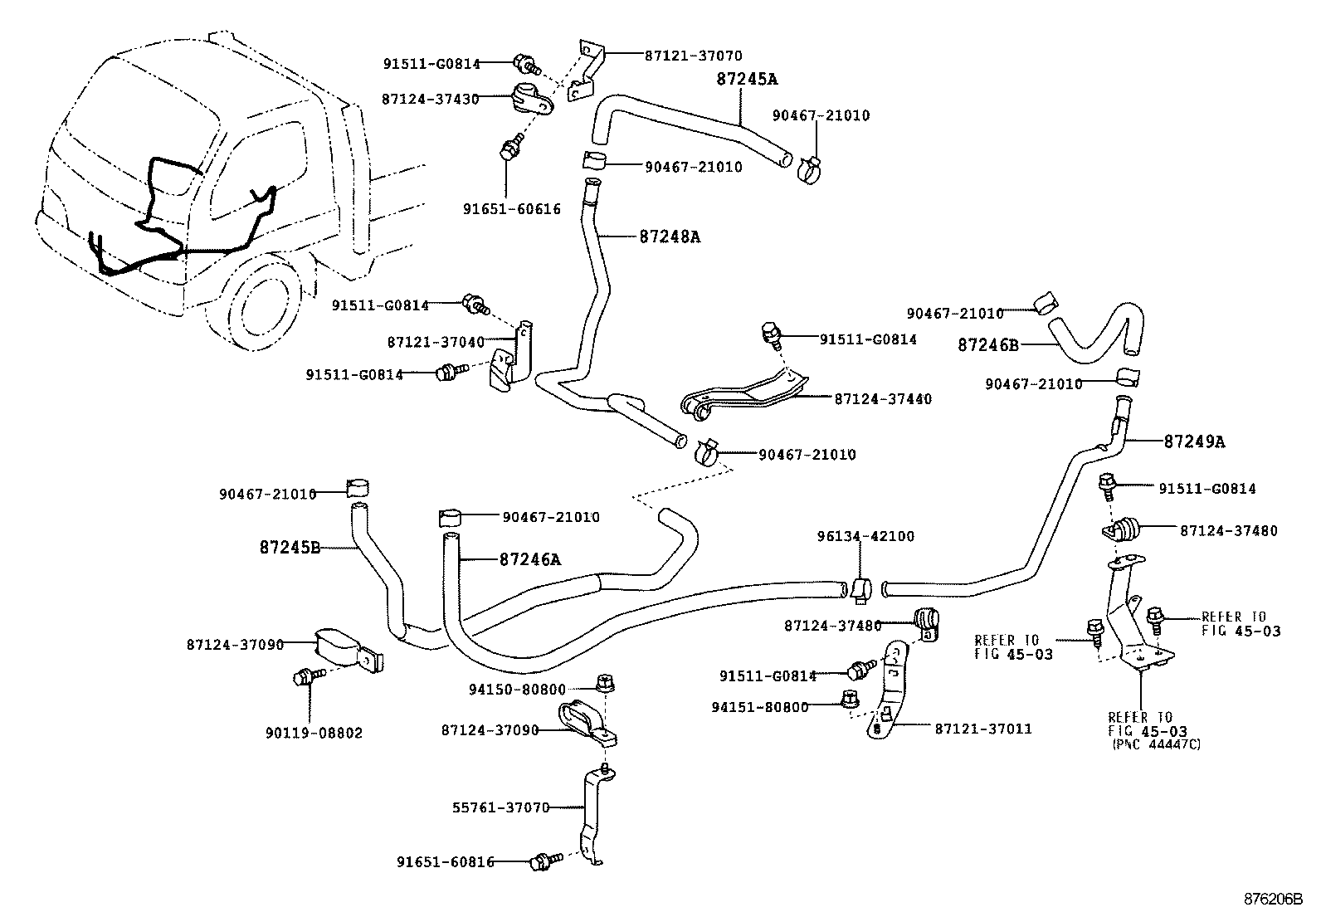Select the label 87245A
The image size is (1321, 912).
(747, 79)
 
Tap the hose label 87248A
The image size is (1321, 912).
(670, 237)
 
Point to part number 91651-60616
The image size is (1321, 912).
(511, 209)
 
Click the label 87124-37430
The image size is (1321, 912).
(430, 99)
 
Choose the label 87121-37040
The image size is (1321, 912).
(435, 342)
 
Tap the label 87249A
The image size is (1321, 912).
(1194, 441)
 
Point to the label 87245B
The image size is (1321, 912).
(290, 548)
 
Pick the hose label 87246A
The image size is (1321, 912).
(529, 559)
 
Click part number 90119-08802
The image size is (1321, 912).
(314, 734)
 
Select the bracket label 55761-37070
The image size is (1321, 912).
(500, 807)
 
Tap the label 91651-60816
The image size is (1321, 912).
(445, 862)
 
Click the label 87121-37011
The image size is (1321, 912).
(983, 729)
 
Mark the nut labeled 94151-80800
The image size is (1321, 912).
(759, 707)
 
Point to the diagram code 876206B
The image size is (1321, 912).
(1272, 900)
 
